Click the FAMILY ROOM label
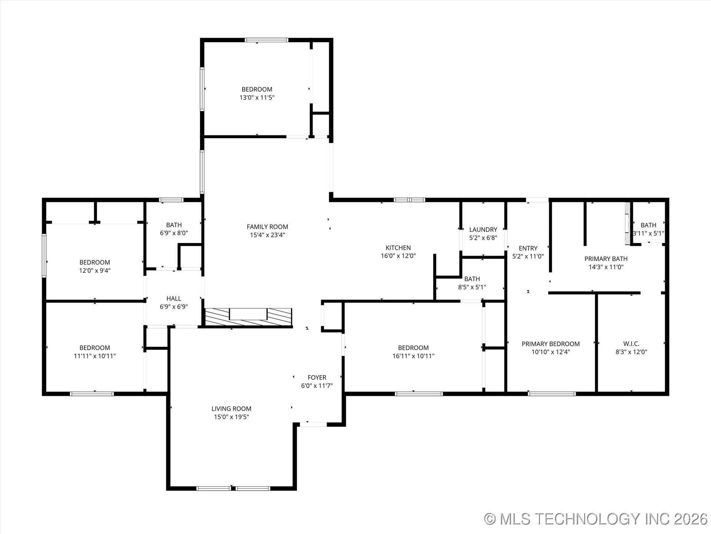point(267,227)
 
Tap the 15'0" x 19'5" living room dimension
point(231,417)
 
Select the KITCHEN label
point(398,248)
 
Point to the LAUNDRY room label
point(483,230)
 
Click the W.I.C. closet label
point(631,344)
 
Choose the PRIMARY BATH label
point(606,259)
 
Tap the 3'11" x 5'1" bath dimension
point(648,234)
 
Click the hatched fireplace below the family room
point(248,317)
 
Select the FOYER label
point(317,378)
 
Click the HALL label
point(174,299)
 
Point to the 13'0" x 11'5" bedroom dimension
point(257,98)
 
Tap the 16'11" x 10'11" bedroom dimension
point(413,356)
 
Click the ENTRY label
point(528,248)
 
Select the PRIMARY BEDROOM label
point(551,344)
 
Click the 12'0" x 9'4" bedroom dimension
point(95,271)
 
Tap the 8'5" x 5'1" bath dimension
point(472,287)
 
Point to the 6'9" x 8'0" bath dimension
point(174,233)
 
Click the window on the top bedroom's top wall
point(266,40)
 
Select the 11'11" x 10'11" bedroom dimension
point(95,356)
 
